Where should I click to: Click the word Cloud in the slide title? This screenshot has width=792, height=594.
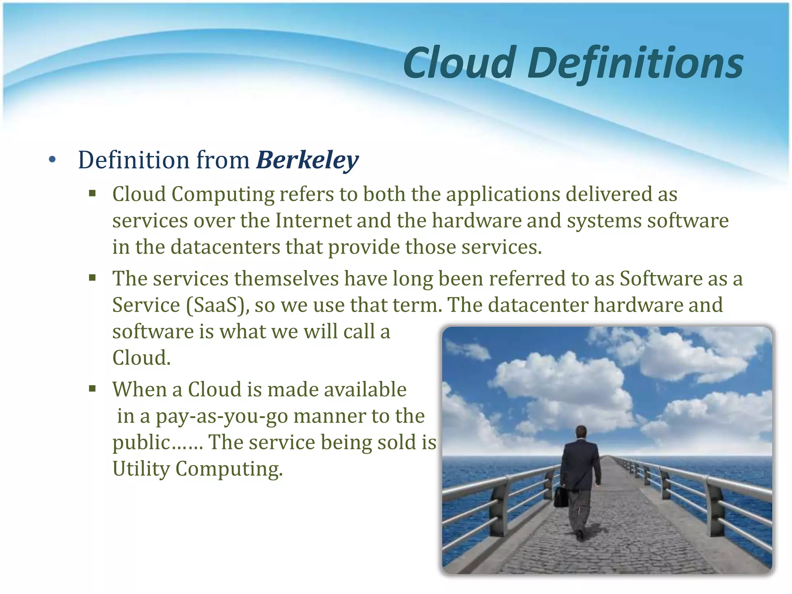460,63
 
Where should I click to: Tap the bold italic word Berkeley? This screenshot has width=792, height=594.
307,160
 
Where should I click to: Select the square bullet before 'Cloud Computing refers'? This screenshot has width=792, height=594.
92,193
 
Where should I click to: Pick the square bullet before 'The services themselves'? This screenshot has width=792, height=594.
92,277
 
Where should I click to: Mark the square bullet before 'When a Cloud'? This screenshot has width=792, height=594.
92,388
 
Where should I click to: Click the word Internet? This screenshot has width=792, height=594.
313,221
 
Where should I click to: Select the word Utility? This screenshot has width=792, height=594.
141,469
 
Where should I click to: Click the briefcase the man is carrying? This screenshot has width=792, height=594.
561,497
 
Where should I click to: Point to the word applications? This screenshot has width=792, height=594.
503,194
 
